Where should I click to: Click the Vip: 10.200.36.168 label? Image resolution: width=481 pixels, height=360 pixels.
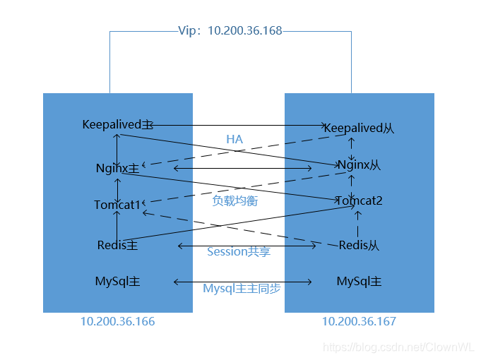coord(230,32)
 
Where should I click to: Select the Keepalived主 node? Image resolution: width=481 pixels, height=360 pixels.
coord(117,125)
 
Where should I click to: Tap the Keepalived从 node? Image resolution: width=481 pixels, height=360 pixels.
coord(358,128)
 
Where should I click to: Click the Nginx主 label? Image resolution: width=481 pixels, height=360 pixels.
coord(117,169)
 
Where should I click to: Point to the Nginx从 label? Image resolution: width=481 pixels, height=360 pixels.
coord(359,164)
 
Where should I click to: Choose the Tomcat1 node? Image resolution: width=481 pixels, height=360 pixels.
coord(117,205)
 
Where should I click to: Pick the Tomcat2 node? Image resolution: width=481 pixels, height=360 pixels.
coord(359,201)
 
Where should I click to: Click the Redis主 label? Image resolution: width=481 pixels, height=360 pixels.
coord(117,245)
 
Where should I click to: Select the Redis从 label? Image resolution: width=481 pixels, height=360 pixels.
coord(359,245)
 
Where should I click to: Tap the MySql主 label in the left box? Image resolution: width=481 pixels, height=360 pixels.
coord(117,282)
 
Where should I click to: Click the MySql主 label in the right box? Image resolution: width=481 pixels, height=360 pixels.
coord(359,282)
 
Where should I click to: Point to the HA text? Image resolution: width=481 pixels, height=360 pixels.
coord(234,139)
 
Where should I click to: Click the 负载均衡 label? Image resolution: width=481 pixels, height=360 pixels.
coord(235,200)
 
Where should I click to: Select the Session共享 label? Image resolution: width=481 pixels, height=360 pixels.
coord(239,251)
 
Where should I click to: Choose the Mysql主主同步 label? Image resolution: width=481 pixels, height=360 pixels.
coord(242,289)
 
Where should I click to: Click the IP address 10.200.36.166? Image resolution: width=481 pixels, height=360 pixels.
coord(117,322)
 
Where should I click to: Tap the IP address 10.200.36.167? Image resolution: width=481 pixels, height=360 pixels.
coord(359,322)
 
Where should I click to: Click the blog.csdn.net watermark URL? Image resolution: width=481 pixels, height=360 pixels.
coord(400,347)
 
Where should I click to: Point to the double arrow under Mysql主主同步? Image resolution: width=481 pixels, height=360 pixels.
coord(243,282)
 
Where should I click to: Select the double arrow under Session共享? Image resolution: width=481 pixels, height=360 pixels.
coord(247,246)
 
